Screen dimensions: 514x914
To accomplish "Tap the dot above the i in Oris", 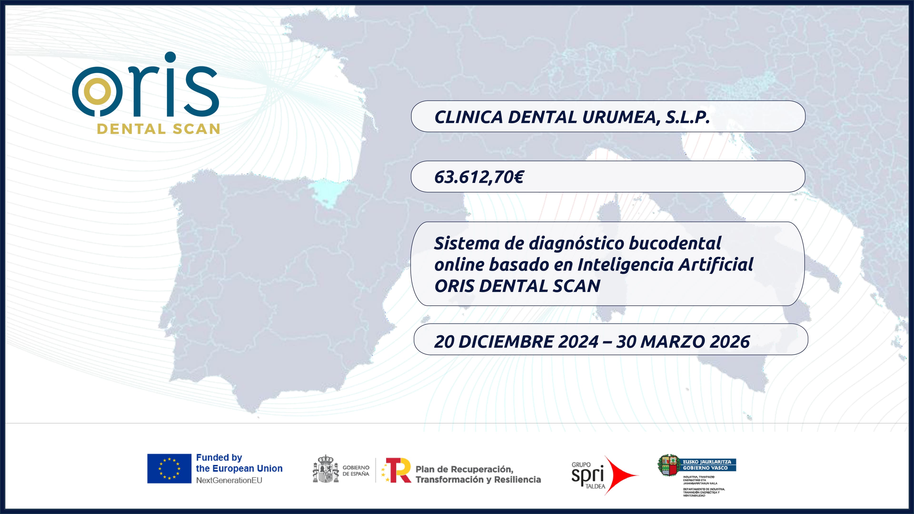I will pos(170,57).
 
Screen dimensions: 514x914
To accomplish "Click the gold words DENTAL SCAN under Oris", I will pos(159,129).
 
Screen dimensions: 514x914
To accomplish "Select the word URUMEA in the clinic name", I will pos(619,117).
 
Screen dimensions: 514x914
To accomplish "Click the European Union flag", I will pos(169,468).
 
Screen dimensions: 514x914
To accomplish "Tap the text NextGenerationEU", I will pos(229,480).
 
